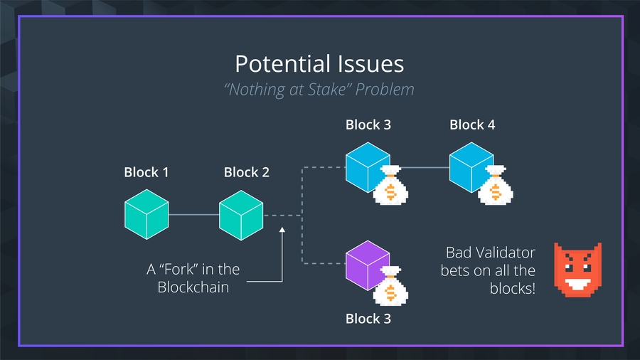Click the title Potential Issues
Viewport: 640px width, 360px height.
tap(319, 64)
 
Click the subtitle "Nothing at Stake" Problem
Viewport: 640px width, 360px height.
tap(319, 90)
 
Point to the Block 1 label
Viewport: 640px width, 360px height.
tap(146, 172)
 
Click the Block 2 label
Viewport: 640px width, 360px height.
tap(246, 172)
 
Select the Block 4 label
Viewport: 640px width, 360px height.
tap(472, 125)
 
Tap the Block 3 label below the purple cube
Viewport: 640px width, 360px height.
tap(368, 318)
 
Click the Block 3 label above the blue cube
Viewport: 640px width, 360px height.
tap(368, 125)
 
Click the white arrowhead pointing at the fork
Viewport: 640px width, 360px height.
tap(282, 231)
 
